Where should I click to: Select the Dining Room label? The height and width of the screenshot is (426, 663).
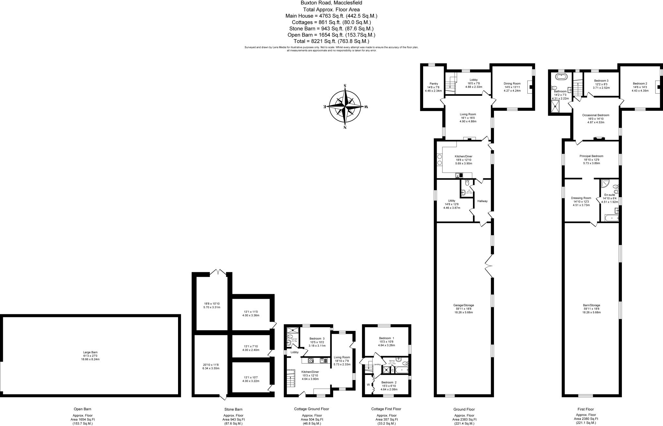[512, 84]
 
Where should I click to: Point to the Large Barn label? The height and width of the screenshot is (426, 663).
[90, 352]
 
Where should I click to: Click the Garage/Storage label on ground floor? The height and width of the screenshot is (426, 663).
[464, 305]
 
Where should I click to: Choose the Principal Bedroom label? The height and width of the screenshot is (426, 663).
[591, 156]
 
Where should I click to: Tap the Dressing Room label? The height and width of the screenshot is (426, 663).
[581, 198]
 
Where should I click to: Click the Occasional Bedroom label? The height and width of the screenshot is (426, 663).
[595, 115]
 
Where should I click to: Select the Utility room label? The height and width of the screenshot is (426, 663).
[452, 201]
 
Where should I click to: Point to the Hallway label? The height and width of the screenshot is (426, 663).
[482, 201]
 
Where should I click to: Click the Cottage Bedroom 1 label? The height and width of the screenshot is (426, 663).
[387, 338]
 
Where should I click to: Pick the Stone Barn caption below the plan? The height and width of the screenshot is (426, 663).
[233, 409]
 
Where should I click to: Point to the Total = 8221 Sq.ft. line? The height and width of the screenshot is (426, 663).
[331, 41]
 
